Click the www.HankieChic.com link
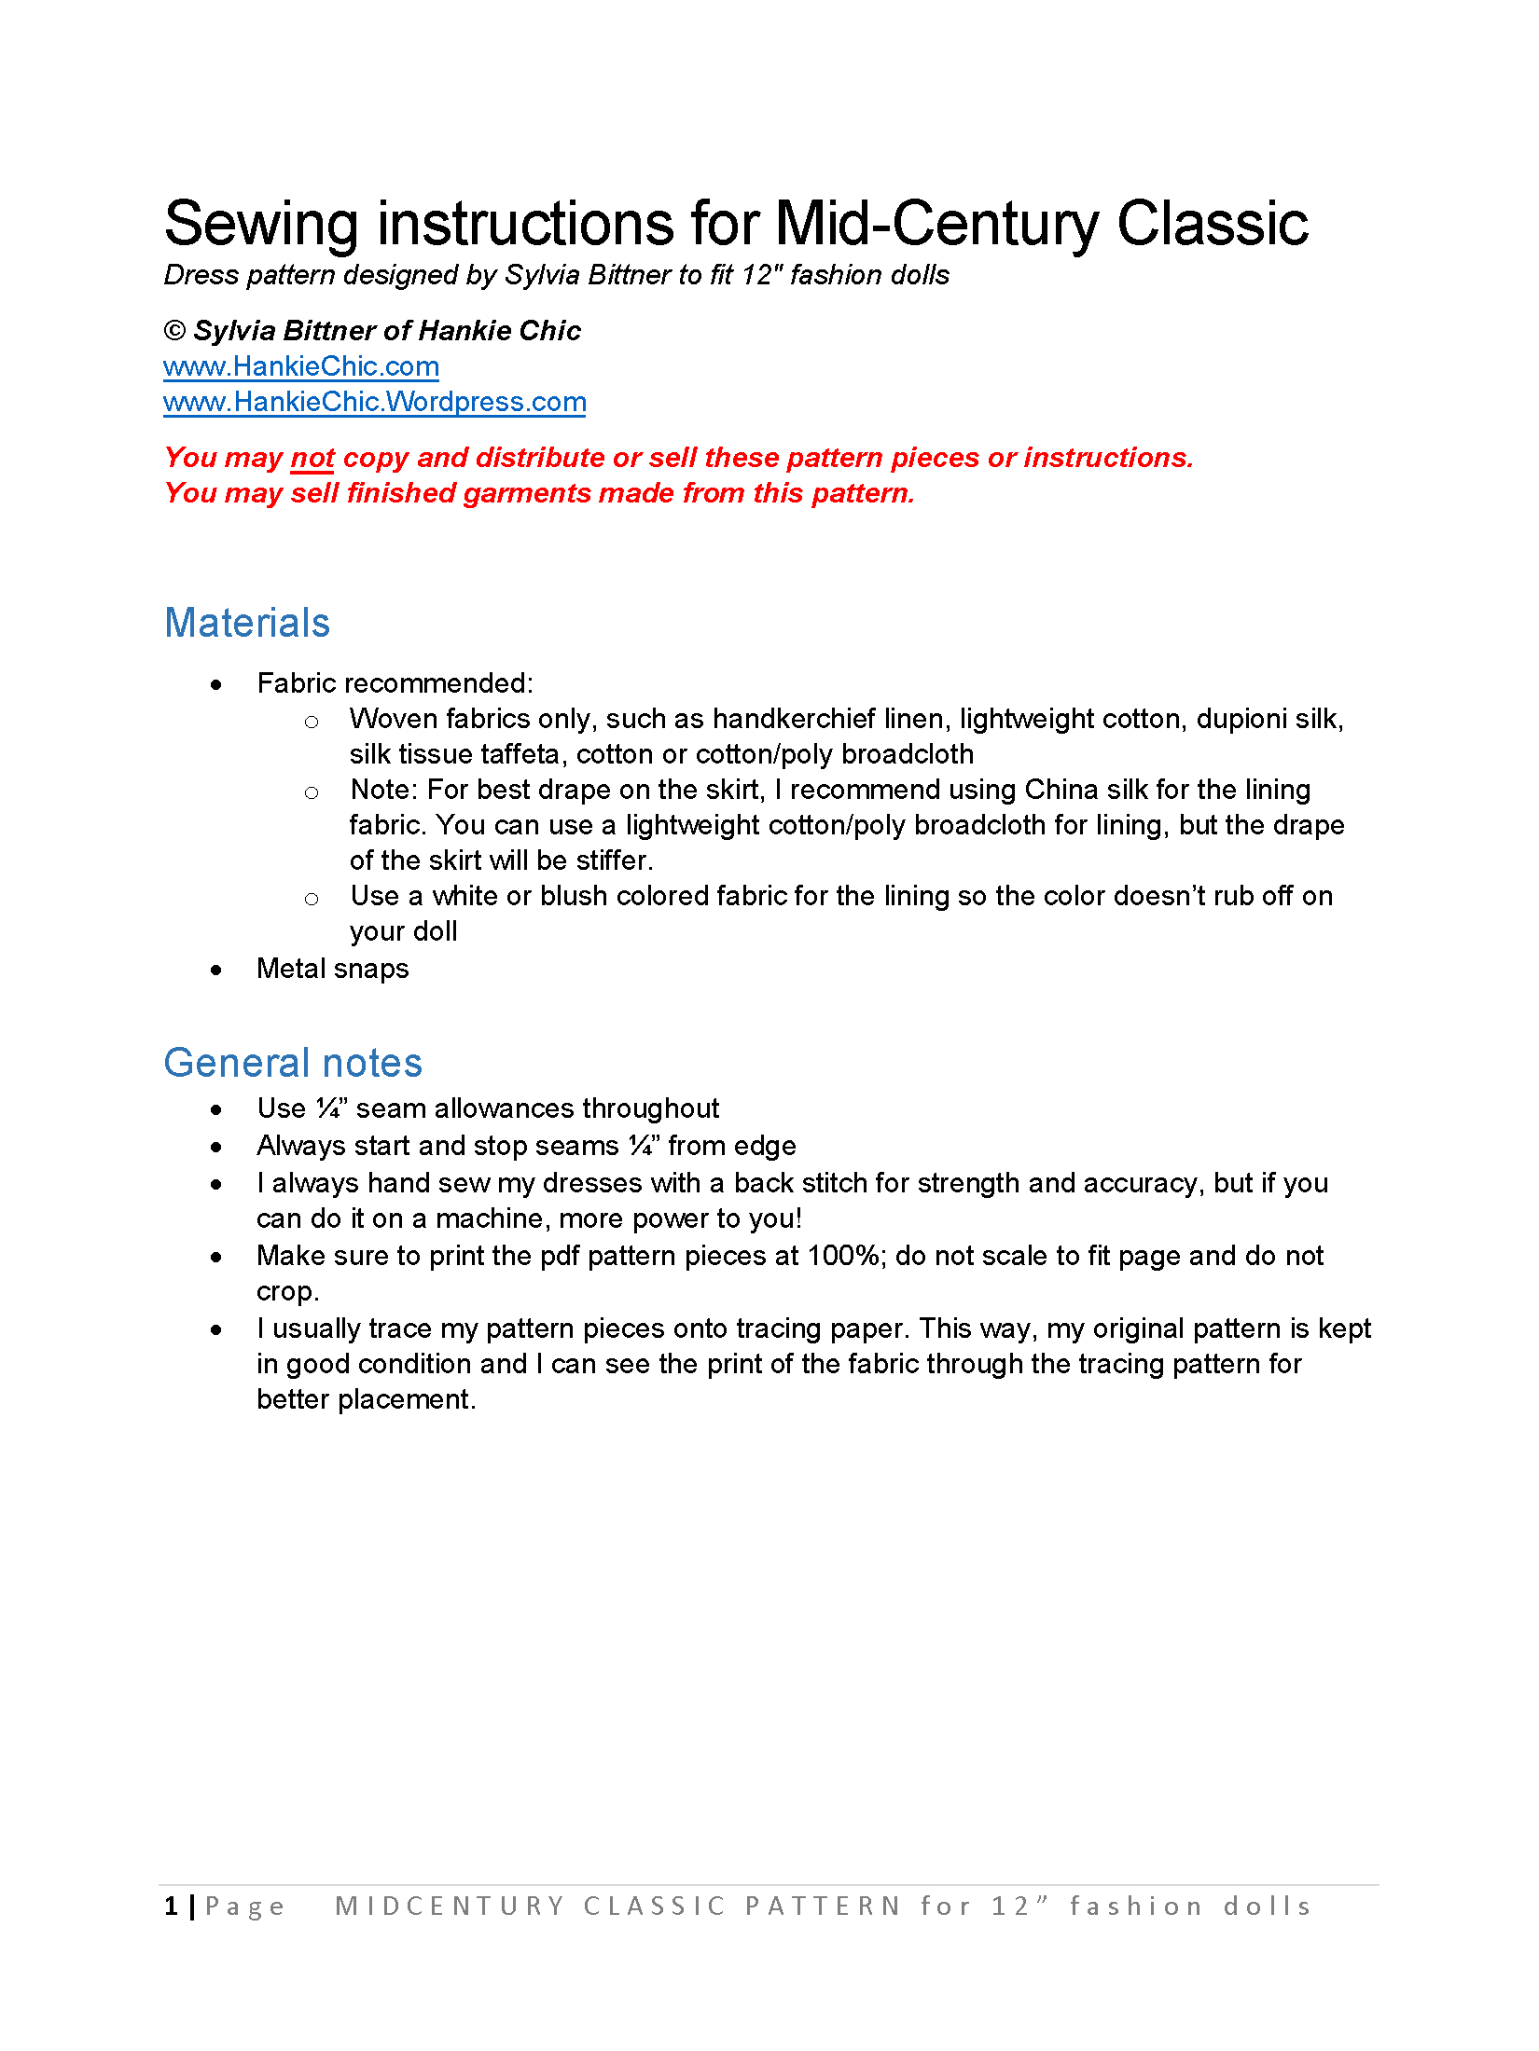pyautogui.click(x=300, y=366)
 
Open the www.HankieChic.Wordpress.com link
pyautogui.click(x=374, y=402)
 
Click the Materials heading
pyautogui.click(x=247, y=623)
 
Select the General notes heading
pyautogui.click(x=293, y=1063)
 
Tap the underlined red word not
pyautogui.click(x=312, y=458)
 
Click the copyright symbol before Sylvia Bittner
pyautogui.click(x=174, y=331)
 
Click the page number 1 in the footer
pyautogui.click(x=172, y=1906)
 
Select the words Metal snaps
pyautogui.click(x=333, y=969)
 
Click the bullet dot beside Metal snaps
pyautogui.click(x=216, y=970)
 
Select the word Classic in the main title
pyautogui.click(x=1213, y=224)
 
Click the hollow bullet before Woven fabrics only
pyautogui.click(x=312, y=722)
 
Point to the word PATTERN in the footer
pyautogui.click(x=823, y=1906)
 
